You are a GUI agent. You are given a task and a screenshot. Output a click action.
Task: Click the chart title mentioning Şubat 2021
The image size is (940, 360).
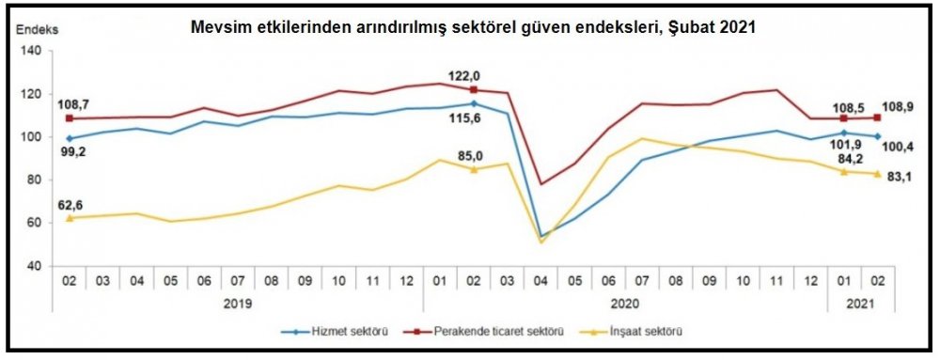tap(473, 28)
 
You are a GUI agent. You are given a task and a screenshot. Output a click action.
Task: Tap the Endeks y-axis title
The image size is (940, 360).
tap(35, 29)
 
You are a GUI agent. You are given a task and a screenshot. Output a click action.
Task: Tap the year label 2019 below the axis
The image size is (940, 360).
tap(238, 304)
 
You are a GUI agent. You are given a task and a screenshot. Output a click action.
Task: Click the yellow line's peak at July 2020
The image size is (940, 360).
tap(643, 139)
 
